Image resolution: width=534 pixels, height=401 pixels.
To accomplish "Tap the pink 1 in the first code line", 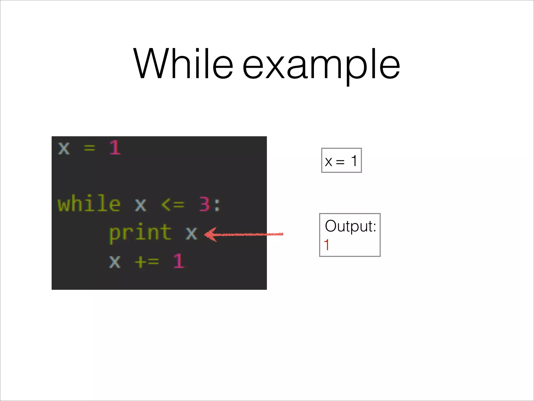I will tap(115, 148).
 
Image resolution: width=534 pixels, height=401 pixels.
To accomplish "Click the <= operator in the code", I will tap(173, 204).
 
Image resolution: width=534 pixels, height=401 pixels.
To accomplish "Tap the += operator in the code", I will tap(147, 261).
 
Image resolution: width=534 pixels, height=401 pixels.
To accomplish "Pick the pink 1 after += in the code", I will tap(179, 261).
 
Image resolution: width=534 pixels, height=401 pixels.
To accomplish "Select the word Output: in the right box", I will tap(350, 226).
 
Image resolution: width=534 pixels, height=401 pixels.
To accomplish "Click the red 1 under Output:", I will tap(326, 245).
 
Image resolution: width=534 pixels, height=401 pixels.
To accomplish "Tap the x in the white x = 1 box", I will tap(329, 162).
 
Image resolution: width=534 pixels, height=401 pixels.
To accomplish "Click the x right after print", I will tap(191, 233).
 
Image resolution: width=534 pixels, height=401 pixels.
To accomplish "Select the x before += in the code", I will tap(115, 261).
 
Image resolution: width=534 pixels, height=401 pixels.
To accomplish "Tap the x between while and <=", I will tap(141, 205).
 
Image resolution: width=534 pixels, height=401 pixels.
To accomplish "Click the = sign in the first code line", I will tap(89, 148).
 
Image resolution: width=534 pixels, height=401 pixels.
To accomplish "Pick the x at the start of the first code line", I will tap(64, 148).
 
